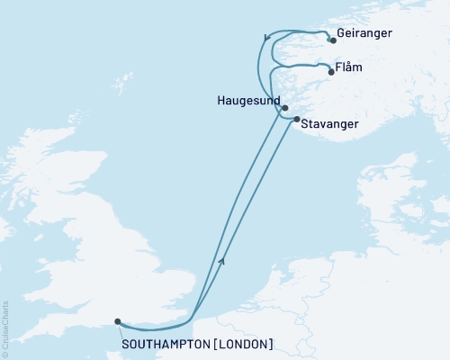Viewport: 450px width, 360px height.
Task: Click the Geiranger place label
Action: click(x=365, y=40)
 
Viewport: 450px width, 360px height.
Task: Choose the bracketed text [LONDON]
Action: click(x=242, y=343)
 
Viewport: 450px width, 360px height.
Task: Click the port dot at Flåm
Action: click(x=332, y=73)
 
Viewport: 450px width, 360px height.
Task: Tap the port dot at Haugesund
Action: click(x=285, y=108)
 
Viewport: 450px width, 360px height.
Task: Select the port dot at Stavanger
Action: click(x=297, y=118)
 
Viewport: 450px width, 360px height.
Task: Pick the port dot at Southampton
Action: click(x=118, y=320)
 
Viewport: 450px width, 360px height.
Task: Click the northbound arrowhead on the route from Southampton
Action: click(x=221, y=260)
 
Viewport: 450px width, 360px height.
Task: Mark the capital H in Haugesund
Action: click(x=221, y=100)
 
